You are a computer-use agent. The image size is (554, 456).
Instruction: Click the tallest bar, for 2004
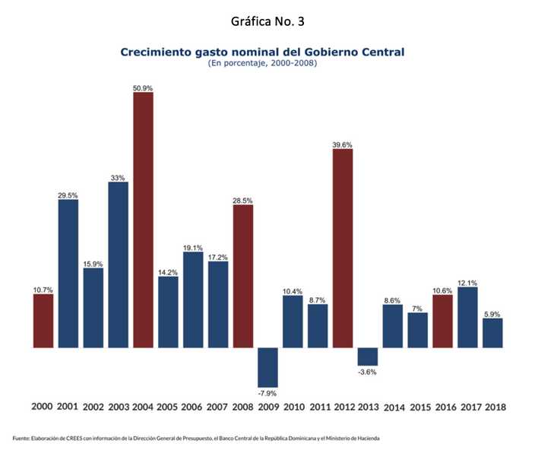[x=143, y=220]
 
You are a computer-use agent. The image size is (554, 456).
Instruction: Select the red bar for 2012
[x=343, y=248]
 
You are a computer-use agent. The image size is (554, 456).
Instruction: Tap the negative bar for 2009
[x=268, y=367]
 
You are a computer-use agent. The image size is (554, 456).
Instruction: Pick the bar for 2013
[x=368, y=356]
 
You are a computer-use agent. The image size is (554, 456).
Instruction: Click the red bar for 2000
[x=43, y=320]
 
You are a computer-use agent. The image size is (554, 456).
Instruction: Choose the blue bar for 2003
[x=118, y=264]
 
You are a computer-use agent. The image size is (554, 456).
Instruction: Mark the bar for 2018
[x=492, y=332]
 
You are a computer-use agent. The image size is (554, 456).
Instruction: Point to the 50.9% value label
[x=143, y=88]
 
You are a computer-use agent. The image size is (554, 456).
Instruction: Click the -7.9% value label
[x=268, y=393]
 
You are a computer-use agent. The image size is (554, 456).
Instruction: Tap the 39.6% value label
[x=343, y=144]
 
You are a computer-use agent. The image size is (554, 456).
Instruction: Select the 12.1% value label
[x=467, y=282]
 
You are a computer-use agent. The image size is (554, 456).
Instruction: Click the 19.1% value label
[x=193, y=247]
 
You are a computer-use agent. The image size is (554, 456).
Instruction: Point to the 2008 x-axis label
[x=243, y=407]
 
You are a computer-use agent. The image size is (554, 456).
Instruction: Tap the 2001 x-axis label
[x=68, y=407]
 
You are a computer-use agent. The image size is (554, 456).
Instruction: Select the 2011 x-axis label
[x=318, y=407]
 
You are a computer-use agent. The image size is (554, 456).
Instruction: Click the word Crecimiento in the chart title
[x=154, y=52]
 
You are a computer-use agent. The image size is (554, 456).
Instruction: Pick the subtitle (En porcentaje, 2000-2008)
[x=262, y=63]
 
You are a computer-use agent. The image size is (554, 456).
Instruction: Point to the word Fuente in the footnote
[x=22, y=439]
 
